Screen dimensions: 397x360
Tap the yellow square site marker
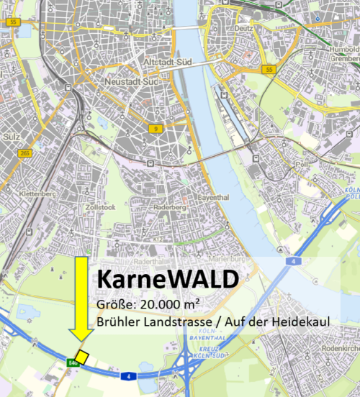click(82, 357)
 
